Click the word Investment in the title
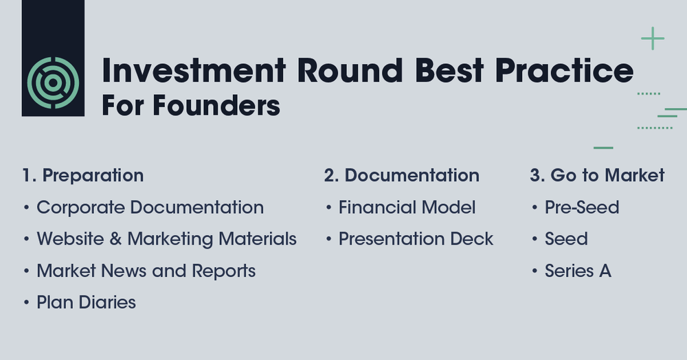[193, 71]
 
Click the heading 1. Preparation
[82, 175]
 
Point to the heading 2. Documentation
[401, 175]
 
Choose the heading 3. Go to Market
[597, 175]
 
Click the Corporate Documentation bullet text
[150, 207]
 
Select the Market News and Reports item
[146, 271]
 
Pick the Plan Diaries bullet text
[86, 302]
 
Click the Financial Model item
[407, 207]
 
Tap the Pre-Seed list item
[582, 207]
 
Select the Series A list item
[578, 271]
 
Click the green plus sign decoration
[652, 38]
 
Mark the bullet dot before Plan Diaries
[26, 303]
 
